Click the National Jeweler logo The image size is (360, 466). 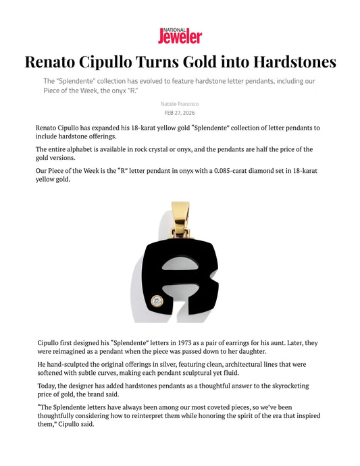(180, 35)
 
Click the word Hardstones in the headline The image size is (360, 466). (294, 62)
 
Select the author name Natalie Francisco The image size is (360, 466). (180, 103)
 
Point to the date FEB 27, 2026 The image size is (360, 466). (180, 113)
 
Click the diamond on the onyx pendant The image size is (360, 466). (157, 301)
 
